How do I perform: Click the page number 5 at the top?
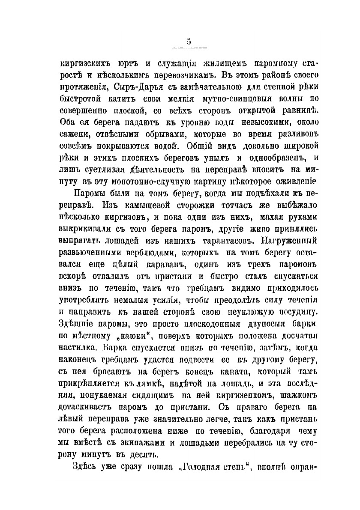[189, 42]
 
